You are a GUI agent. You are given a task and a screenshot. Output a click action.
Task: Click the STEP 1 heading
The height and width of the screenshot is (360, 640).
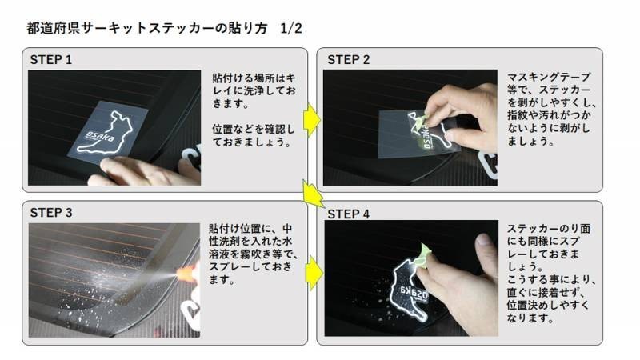[51, 60]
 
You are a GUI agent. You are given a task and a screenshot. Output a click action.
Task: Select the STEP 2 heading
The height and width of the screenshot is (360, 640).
[348, 60]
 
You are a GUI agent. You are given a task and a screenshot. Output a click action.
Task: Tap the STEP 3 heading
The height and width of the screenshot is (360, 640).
[51, 213]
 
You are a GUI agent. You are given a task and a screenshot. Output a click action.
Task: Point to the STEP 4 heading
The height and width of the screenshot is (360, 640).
[348, 214]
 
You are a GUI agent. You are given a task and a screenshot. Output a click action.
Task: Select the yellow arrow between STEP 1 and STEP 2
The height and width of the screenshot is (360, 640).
[312, 120]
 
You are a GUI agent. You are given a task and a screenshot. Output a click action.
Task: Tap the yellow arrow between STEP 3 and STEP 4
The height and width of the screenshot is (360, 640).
[312, 272]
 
